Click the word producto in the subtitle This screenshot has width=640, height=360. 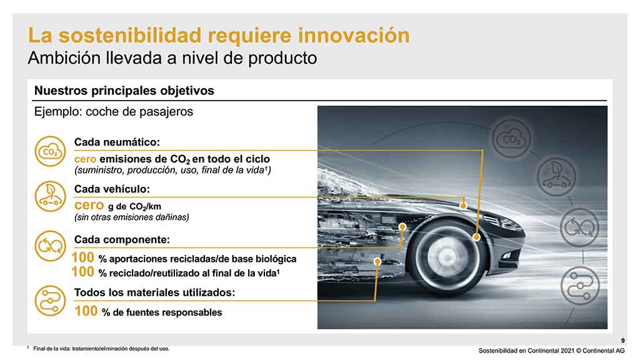click(x=282, y=58)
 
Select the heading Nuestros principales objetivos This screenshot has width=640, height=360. click(x=124, y=90)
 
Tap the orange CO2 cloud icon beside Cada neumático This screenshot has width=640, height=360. click(x=50, y=151)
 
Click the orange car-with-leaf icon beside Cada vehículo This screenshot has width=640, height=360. click(x=50, y=197)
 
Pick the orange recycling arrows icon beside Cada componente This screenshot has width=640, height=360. click(x=50, y=246)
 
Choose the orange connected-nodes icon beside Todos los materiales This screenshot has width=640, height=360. click(x=50, y=301)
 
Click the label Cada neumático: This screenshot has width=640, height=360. click(x=117, y=142)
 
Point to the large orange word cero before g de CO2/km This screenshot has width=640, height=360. click(x=89, y=205)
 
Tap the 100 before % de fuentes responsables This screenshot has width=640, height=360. click(x=86, y=311)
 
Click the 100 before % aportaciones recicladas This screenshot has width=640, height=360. click(x=83, y=257)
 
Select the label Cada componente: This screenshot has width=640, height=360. click(x=122, y=239)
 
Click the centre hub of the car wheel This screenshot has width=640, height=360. click(x=447, y=257)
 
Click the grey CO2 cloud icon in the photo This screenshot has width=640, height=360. click(x=511, y=139)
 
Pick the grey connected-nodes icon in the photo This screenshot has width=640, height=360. click(x=580, y=286)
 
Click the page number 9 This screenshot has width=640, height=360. click(x=623, y=341)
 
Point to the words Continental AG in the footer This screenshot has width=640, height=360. click(x=604, y=351)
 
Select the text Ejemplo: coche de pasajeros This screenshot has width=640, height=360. click(x=114, y=112)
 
